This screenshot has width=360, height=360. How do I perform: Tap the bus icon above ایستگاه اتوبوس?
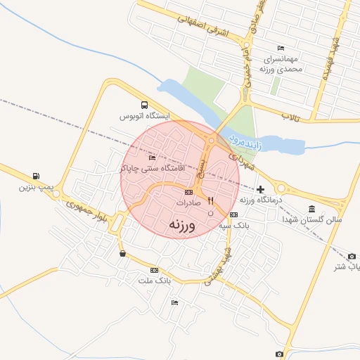coord(145,104)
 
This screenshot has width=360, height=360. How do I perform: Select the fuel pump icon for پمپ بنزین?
coord(35,176)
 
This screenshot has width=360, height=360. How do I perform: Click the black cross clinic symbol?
coord(261,189)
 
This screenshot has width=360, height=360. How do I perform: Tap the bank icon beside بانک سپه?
coord(233,214)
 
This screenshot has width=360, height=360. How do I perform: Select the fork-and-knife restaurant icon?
coord(210,201)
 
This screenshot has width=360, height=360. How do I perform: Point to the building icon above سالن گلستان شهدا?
coord(311,209)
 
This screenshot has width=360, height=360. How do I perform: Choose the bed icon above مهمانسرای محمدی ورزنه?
coord(281,49)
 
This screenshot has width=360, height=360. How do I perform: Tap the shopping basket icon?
coord(123,254)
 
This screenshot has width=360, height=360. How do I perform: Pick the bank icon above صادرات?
coord(188,191)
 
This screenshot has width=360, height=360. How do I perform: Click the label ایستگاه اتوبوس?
coord(144,115)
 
